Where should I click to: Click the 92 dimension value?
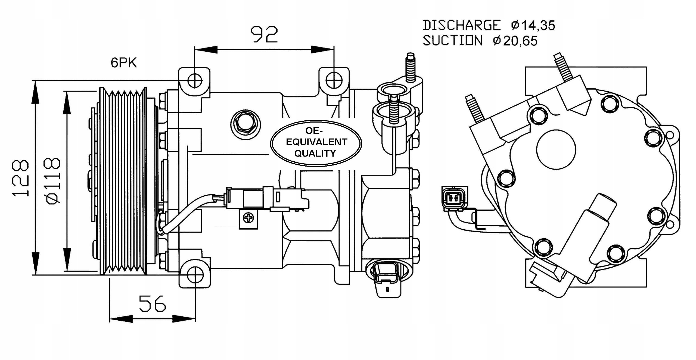coord(264,35)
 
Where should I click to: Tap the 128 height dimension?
coord(21,178)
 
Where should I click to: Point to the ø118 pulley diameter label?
coord(53,180)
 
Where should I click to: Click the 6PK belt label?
coord(124,63)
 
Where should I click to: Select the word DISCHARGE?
coord(461,25)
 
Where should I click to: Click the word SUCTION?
coord(453,41)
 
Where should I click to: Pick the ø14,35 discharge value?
coord(533,26)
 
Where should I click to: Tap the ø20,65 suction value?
coord(515,41)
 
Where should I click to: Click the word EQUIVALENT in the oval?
coord(316,142)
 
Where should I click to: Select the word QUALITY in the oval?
coord(315,154)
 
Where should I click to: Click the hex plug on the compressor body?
coord(245,125)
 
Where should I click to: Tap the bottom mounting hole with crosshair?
coord(195,275)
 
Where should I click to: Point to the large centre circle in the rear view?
coord(556,149)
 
